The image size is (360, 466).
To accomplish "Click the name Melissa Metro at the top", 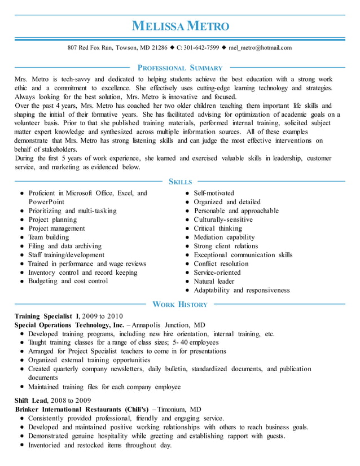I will click(180, 26).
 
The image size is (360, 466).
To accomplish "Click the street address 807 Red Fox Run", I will click(90, 47).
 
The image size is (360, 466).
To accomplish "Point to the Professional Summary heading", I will click(180, 68).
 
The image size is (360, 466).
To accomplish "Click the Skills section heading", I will click(180, 182).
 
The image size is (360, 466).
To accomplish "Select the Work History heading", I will click(180, 305).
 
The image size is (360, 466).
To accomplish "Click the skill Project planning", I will click(52, 219).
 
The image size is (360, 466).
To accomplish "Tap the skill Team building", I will click(49, 238).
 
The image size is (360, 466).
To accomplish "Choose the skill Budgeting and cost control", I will click(68, 281).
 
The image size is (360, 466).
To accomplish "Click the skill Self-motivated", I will click(214, 193).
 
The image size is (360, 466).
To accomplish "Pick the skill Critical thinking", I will click(218, 228).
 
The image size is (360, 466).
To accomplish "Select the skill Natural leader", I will click(214, 281).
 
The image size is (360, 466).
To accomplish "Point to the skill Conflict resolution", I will click(221, 263).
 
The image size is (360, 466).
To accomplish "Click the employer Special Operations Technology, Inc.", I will click(69, 325).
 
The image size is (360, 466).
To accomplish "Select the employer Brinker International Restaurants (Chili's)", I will click(82, 408).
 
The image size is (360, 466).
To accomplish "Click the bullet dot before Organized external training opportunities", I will click(21, 360).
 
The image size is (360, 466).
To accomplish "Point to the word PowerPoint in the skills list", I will click(46, 202).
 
